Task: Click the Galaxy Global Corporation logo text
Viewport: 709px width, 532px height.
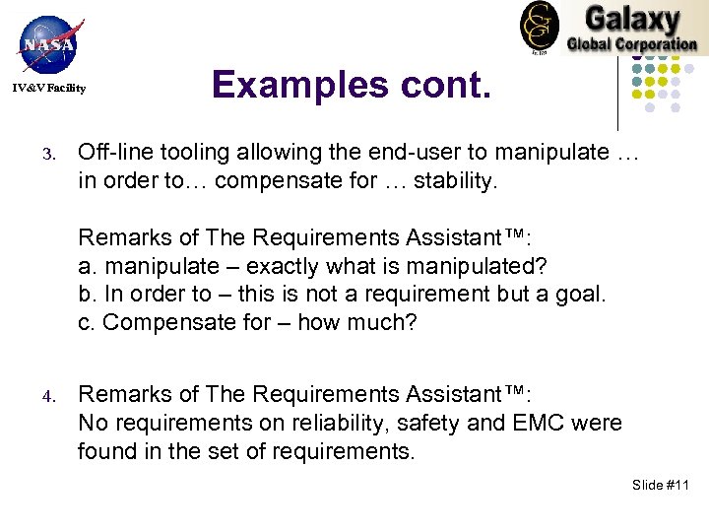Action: tap(630, 30)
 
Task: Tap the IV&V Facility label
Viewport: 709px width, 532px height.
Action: tap(49, 89)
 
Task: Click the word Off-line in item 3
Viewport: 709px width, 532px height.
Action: tap(111, 153)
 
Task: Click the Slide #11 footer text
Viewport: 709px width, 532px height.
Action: tap(662, 486)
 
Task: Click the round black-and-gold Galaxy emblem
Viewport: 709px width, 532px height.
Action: tap(539, 26)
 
